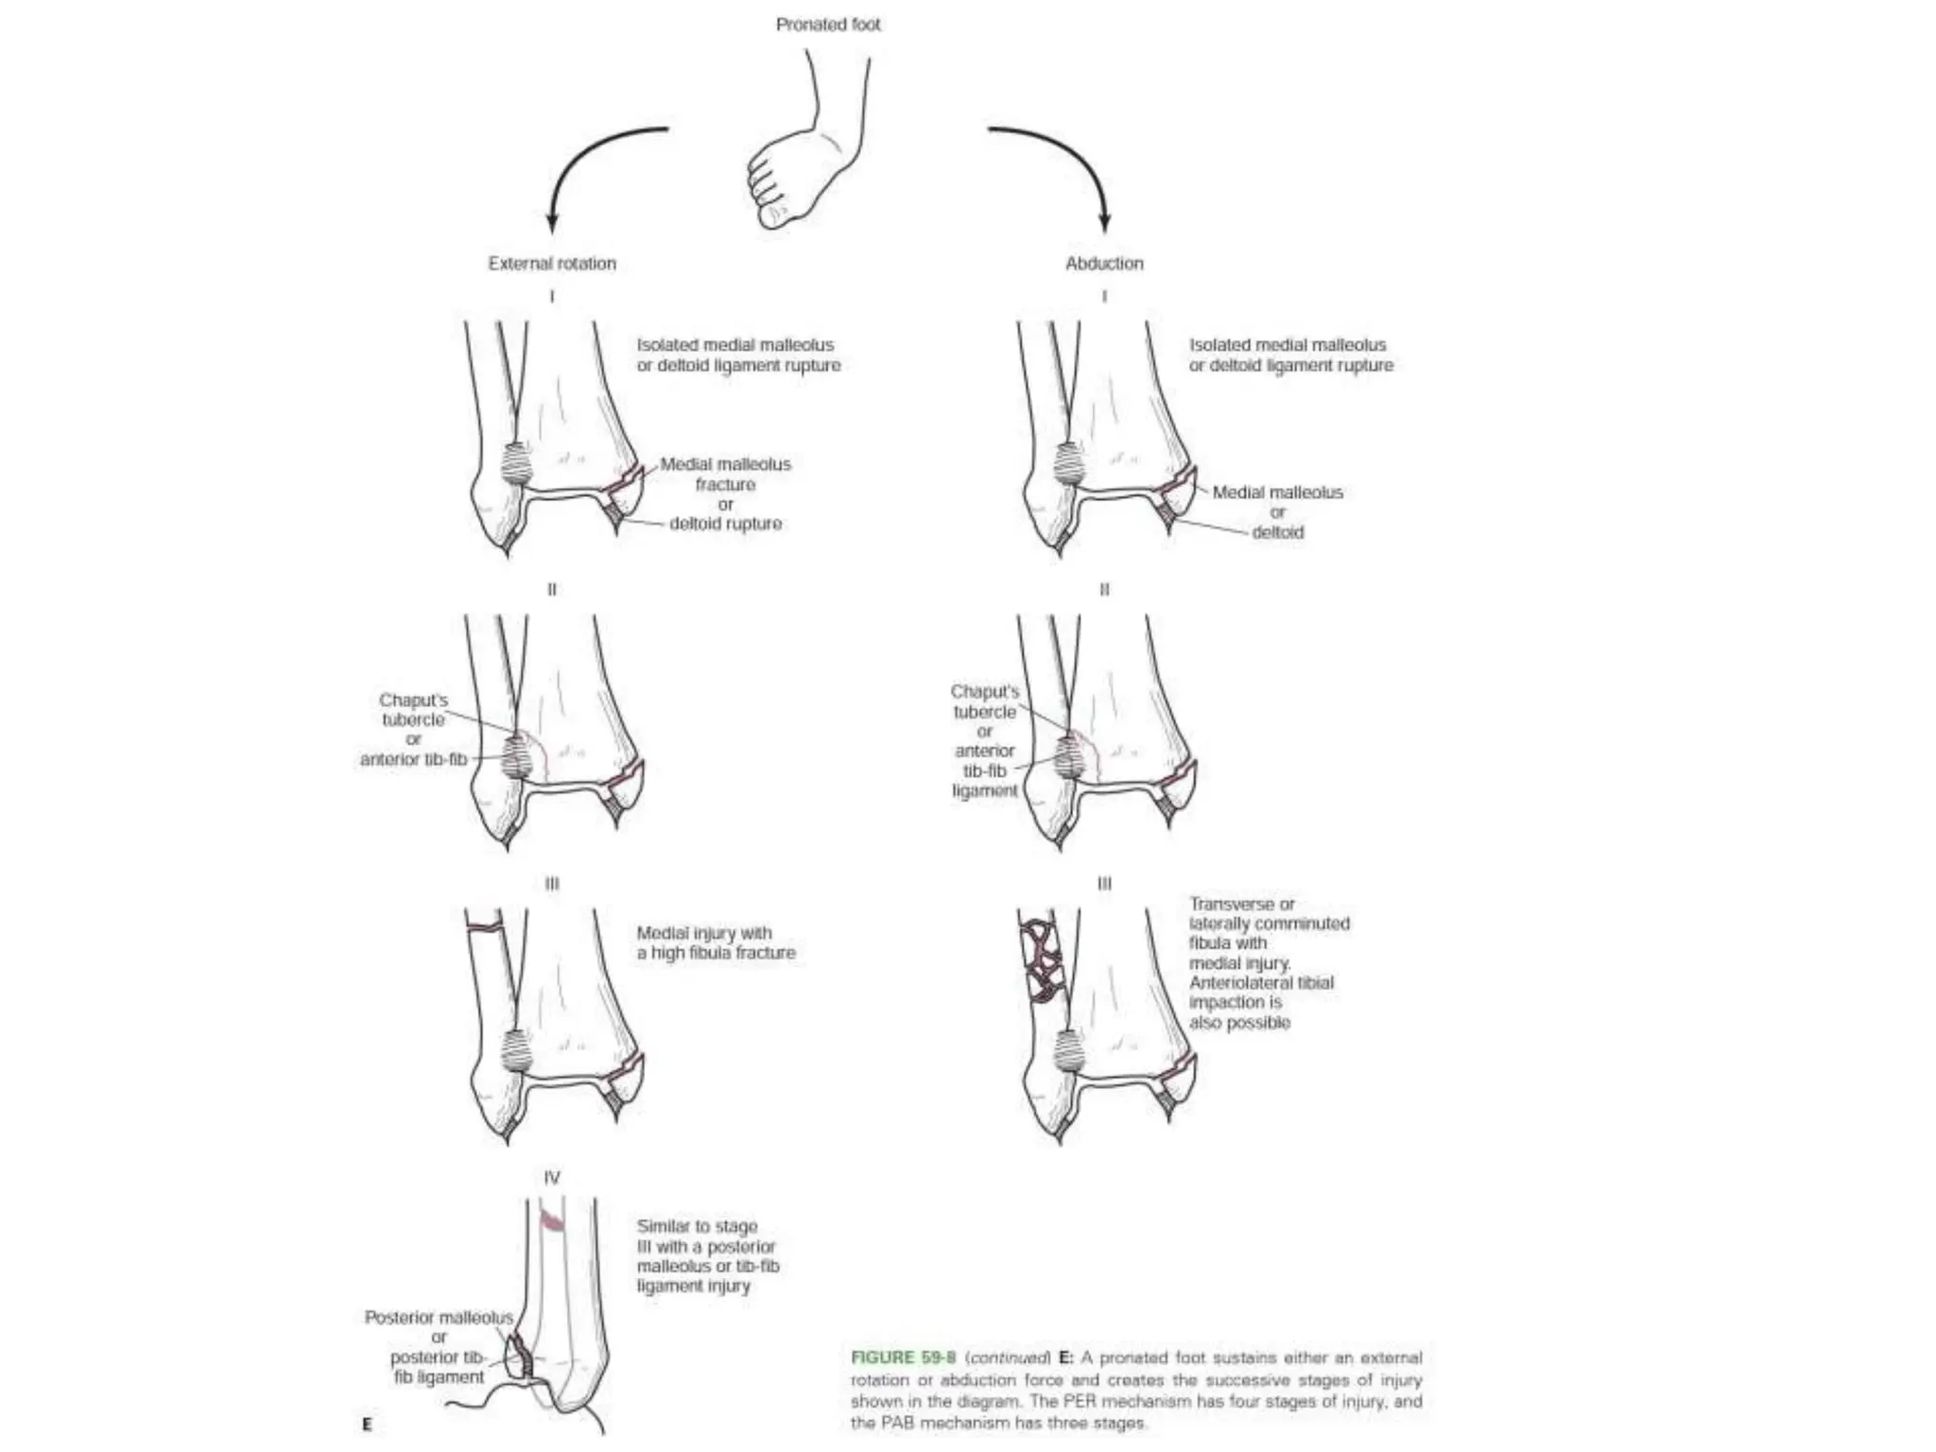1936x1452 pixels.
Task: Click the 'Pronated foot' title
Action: click(x=828, y=25)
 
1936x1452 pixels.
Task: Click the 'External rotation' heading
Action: click(x=552, y=264)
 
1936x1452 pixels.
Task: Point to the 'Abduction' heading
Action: click(x=1104, y=264)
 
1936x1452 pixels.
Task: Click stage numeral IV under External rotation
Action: click(x=552, y=1178)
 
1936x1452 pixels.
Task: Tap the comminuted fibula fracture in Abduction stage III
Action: click(x=1042, y=960)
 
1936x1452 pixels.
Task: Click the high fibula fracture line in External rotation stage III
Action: click(x=484, y=926)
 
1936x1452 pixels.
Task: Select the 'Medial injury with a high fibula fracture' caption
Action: click(x=716, y=943)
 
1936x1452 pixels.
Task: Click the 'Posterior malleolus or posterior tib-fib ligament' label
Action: click(x=439, y=1347)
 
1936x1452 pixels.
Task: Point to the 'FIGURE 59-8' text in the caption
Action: click(x=903, y=1357)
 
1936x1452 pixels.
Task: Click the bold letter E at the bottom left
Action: click(x=367, y=1424)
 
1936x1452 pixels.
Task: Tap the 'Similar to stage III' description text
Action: click(x=708, y=1256)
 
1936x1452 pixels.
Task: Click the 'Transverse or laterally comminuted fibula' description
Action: click(x=1269, y=962)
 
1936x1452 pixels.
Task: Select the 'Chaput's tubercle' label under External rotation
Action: click(x=413, y=710)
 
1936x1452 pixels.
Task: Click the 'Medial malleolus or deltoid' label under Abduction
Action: click(x=1277, y=512)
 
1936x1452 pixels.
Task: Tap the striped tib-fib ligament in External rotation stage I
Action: click(x=515, y=463)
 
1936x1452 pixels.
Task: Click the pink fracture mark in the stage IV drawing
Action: click(x=552, y=1221)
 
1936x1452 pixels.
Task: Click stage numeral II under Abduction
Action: click(x=1104, y=590)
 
